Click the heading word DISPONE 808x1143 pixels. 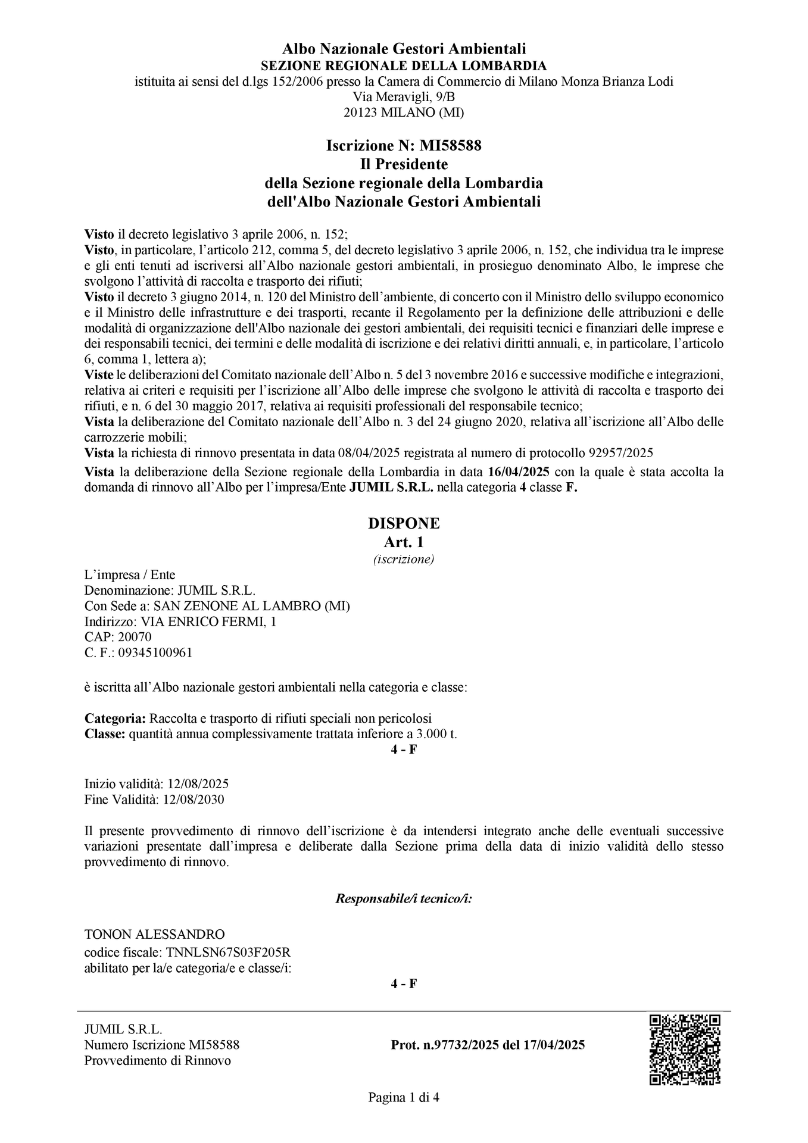click(x=404, y=523)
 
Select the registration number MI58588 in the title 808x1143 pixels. click(x=450, y=145)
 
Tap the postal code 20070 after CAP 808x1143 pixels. click(x=135, y=637)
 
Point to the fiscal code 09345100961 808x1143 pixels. click(x=155, y=652)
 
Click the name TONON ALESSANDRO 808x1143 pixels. click(x=154, y=933)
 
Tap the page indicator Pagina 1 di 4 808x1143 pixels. click(x=404, y=1097)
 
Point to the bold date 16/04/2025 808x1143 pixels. click(x=518, y=472)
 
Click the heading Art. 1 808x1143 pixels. click(x=404, y=542)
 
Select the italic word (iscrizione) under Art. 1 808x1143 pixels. click(x=404, y=559)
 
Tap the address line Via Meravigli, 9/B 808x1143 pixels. click(x=404, y=96)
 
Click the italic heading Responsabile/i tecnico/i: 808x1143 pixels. click(x=404, y=898)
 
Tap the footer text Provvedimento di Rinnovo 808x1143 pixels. click(x=157, y=1060)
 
